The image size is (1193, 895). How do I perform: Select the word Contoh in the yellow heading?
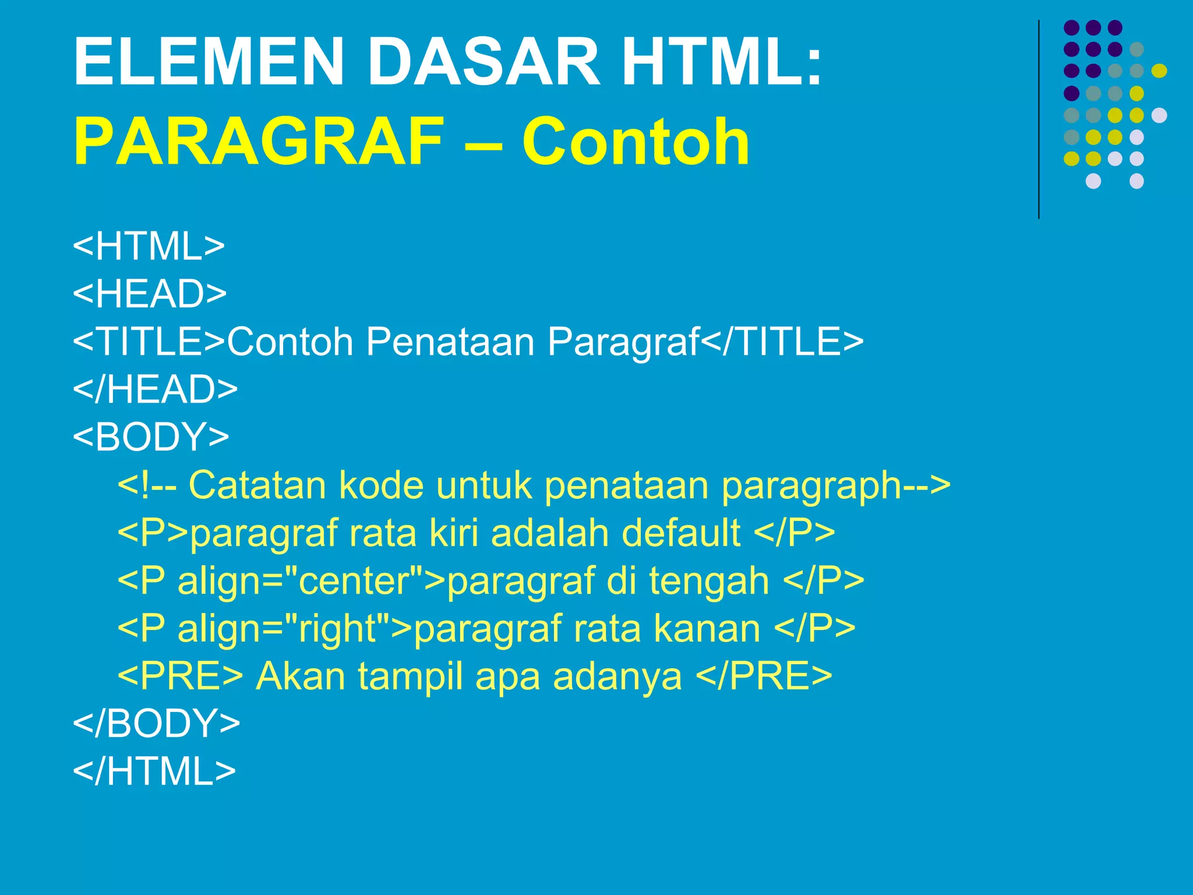(x=635, y=142)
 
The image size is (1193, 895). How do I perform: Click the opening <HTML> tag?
(x=149, y=246)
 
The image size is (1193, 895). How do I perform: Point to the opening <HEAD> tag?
(x=150, y=294)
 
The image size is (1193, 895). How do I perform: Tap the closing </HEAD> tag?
(x=155, y=389)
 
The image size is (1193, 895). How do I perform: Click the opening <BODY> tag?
(x=151, y=437)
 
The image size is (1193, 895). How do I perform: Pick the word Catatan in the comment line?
(x=256, y=485)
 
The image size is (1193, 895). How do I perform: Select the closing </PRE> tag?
(x=764, y=676)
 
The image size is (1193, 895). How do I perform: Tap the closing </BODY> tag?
(x=156, y=724)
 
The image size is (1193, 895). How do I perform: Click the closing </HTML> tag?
(x=154, y=771)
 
